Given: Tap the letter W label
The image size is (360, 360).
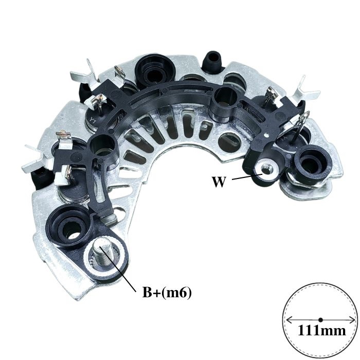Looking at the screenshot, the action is pos(218,182).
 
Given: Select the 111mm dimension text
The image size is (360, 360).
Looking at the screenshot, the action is pos(321,331).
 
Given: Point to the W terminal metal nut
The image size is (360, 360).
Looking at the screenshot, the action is pos(266,171).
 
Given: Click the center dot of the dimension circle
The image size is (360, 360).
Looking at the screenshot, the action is pos(321,319).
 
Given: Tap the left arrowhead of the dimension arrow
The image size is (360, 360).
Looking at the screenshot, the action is pos(290,319).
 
